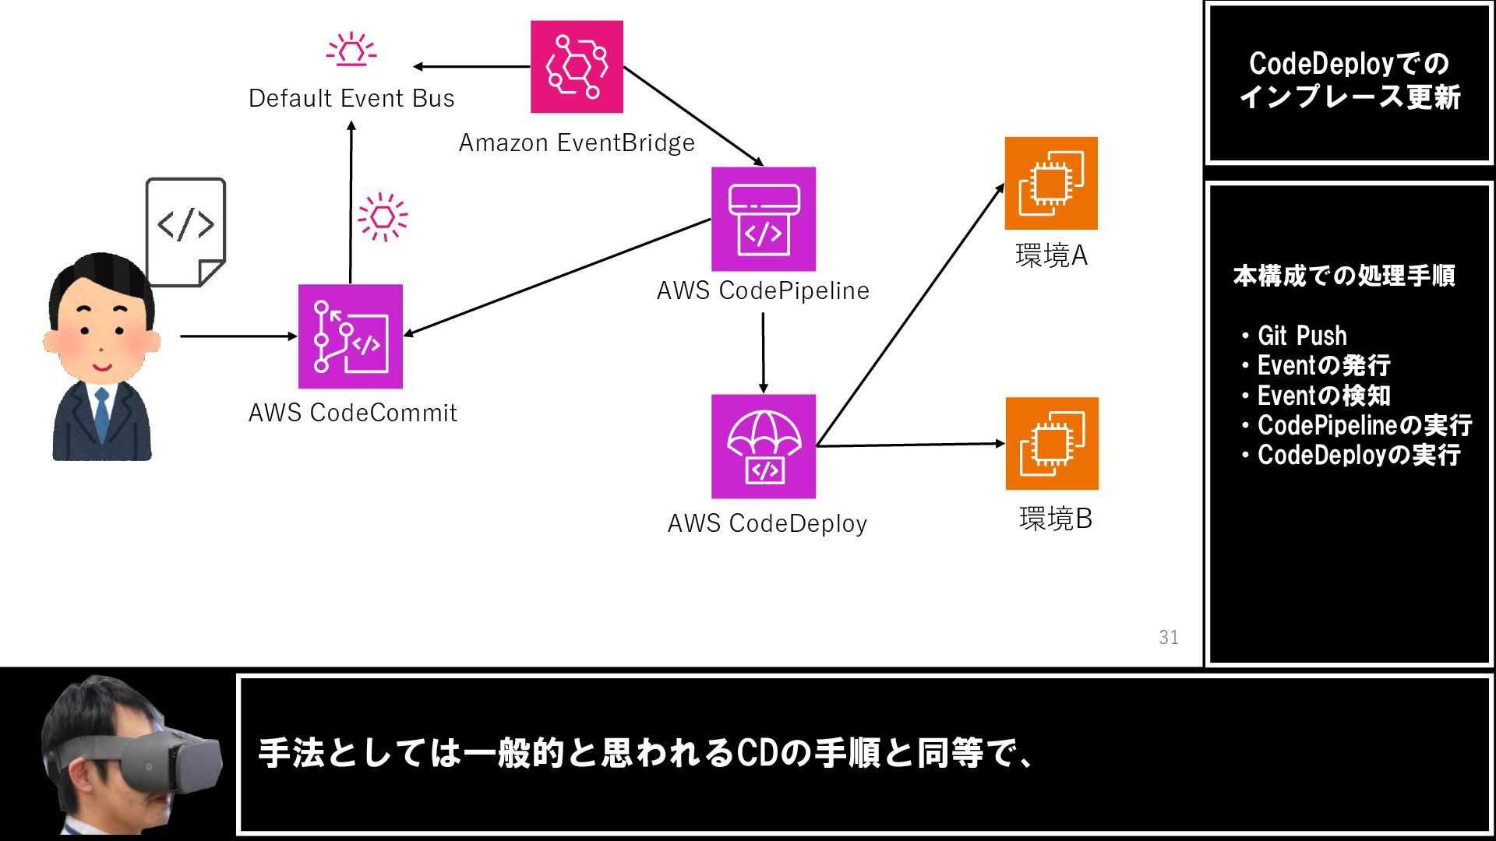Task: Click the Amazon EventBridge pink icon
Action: point(577,67)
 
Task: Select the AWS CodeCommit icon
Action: point(351,336)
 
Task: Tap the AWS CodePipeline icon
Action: point(763,219)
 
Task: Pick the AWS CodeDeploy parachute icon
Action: point(763,446)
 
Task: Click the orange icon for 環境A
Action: point(1050,183)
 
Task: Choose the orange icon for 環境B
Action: point(1051,444)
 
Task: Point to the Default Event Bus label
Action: point(351,99)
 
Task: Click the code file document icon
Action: point(185,231)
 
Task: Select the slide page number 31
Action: point(1168,638)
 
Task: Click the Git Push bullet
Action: point(1301,336)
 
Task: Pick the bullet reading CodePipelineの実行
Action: point(1364,425)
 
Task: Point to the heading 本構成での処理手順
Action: point(1343,276)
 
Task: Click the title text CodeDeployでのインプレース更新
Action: point(1349,80)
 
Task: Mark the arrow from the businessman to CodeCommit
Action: point(238,336)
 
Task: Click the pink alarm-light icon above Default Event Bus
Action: point(351,49)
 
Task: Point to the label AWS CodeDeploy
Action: point(767,523)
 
